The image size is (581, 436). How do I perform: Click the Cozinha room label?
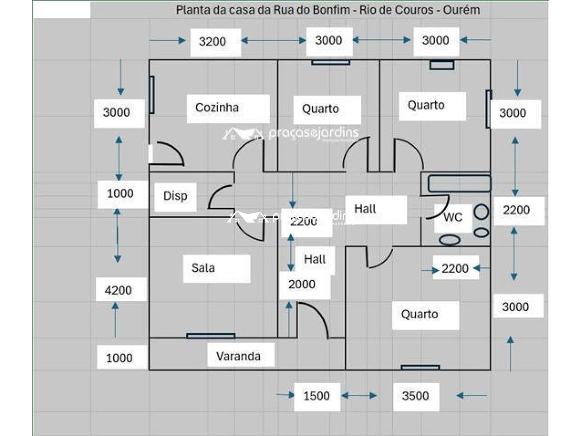click(x=217, y=108)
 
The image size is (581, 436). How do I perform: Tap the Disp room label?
click(x=175, y=196)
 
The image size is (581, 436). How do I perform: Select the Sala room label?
click(x=203, y=268)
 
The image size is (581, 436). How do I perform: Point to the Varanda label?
click(x=238, y=357)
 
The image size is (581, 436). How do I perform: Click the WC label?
click(x=453, y=218)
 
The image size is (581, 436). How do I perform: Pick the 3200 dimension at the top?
click(x=213, y=42)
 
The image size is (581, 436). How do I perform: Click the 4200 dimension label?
click(x=119, y=291)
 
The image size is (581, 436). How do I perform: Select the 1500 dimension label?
click(x=317, y=396)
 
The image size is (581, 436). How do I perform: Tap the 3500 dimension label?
click(x=415, y=396)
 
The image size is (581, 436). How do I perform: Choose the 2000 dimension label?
click(x=302, y=284)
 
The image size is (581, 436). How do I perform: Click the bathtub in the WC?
click(x=459, y=184)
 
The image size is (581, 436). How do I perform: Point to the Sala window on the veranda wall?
click(x=211, y=336)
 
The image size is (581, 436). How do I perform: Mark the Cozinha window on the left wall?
click(x=152, y=95)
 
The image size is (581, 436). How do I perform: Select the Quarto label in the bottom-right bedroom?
click(x=420, y=314)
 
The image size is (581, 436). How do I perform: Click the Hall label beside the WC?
click(x=365, y=209)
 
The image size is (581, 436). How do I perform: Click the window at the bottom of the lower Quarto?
click(x=420, y=368)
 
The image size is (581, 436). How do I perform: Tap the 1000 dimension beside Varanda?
click(x=119, y=358)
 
